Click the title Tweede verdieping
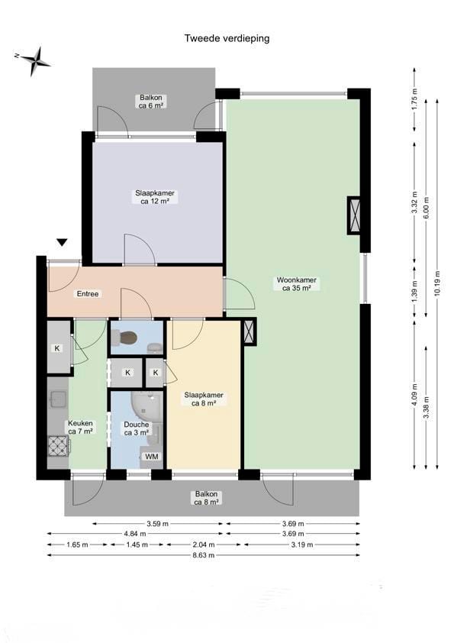[x=227, y=37]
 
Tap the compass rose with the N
[x=34, y=60]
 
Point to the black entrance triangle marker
[x=62, y=243]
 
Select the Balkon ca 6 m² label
[x=151, y=102]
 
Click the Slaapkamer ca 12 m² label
[x=154, y=197]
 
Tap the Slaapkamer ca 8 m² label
[x=204, y=399]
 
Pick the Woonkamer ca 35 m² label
[x=297, y=284]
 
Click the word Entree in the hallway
[x=87, y=293]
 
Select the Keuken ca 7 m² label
[x=80, y=427]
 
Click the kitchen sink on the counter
[x=58, y=399]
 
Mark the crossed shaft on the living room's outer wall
[x=356, y=215]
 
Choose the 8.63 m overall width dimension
[x=203, y=555]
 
